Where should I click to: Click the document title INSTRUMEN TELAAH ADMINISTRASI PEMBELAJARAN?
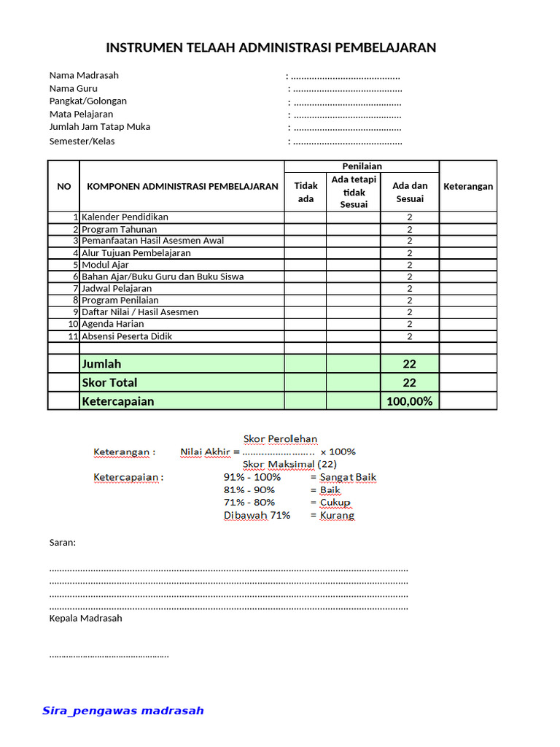pyautogui.click(x=271, y=48)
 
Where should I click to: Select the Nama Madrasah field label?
pyautogui.click(x=84, y=75)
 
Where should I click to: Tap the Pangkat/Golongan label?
pyautogui.click(x=87, y=101)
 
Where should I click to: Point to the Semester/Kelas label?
pyautogui.click(x=82, y=141)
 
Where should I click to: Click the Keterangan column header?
pyautogui.click(x=468, y=186)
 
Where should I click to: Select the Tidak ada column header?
pyautogui.click(x=306, y=192)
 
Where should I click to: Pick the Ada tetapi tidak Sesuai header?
pyautogui.click(x=354, y=192)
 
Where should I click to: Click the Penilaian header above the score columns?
pyautogui.click(x=362, y=166)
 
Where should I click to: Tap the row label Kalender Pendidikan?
pyautogui.click(x=125, y=217)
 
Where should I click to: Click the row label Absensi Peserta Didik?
pyautogui.click(x=127, y=336)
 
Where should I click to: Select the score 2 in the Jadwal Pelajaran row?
pyautogui.click(x=410, y=289)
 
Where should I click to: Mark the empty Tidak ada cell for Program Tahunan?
pyautogui.click(x=306, y=229)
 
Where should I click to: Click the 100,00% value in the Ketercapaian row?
pyautogui.click(x=410, y=401)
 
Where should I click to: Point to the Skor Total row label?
pyautogui.click(x=109, y=382)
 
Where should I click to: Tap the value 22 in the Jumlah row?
pyautogui.click(x=410, y=363)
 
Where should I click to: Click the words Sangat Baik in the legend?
pyautogui.click(x=348, y=477)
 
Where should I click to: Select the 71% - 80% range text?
pyautogui.click(x=249, y=502)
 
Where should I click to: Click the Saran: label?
pyautogui.click(x=63, y=543)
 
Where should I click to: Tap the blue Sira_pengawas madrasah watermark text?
pyautogui.click(x=123, y=711)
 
